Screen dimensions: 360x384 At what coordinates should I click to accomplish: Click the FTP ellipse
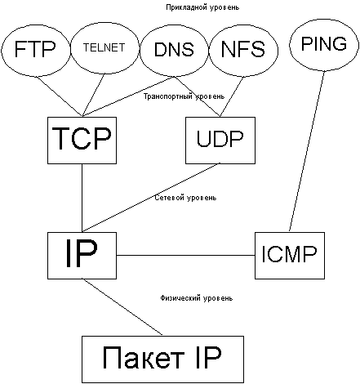click(36, 50)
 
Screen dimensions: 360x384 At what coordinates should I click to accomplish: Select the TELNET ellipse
click(104, 48)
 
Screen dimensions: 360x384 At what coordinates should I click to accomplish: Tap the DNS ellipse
click(175, 50)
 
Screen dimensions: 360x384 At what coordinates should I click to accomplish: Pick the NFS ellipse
click(243, 50)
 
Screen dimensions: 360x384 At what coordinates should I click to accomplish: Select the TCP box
click(82, 141)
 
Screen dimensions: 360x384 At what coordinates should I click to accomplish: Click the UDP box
click(220, 141)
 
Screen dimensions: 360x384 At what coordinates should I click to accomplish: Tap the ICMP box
click(290, 256)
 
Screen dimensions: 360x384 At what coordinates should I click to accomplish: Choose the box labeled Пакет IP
click(162, 359)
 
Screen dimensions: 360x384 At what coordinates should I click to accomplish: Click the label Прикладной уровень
click(202, 7)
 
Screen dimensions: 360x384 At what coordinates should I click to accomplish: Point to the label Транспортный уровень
click(184, 96)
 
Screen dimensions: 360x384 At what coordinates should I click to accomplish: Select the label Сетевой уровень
click(185, 198)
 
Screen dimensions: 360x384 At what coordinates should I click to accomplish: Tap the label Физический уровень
click(196, 298)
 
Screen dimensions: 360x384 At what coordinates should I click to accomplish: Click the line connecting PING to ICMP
click(307, 152)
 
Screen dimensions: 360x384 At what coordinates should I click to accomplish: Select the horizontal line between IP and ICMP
click(186, 256)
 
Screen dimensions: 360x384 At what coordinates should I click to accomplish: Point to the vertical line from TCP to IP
click(82, 198)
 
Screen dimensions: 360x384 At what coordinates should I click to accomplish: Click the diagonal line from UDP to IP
click(151, 198)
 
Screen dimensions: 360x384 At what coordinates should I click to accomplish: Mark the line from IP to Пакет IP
click(122, 307)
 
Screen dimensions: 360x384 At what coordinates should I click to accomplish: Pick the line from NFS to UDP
click(232, 96)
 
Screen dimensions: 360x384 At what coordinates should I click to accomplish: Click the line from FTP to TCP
click(59, 96)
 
